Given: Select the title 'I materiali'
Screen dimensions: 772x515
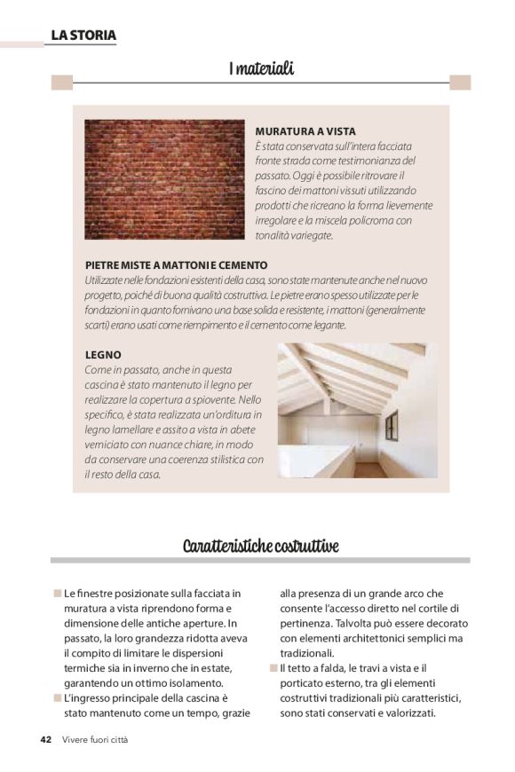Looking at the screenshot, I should click(x=260, y=67).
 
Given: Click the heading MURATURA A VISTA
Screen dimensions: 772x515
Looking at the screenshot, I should click(x=305, y=131).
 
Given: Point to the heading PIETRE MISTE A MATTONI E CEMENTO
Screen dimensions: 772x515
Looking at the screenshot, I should click(x=176, y=265).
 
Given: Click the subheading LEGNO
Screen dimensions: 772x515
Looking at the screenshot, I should click(x=103, y=355).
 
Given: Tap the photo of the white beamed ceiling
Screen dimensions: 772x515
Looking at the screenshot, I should click(x=357, y=410).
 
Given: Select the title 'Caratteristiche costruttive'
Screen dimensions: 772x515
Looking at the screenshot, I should click(x=260, y=545).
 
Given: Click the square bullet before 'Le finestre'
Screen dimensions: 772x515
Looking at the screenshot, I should click(x=57, y=593).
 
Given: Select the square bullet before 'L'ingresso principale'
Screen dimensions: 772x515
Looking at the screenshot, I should click(x=57, y=698).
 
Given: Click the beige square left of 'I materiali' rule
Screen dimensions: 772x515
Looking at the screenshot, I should click(x=61, y=83).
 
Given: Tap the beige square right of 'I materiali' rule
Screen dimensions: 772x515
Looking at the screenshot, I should click(x=459, y=83).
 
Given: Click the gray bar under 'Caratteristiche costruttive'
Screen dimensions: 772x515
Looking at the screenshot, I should click(x=260, y=561).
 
